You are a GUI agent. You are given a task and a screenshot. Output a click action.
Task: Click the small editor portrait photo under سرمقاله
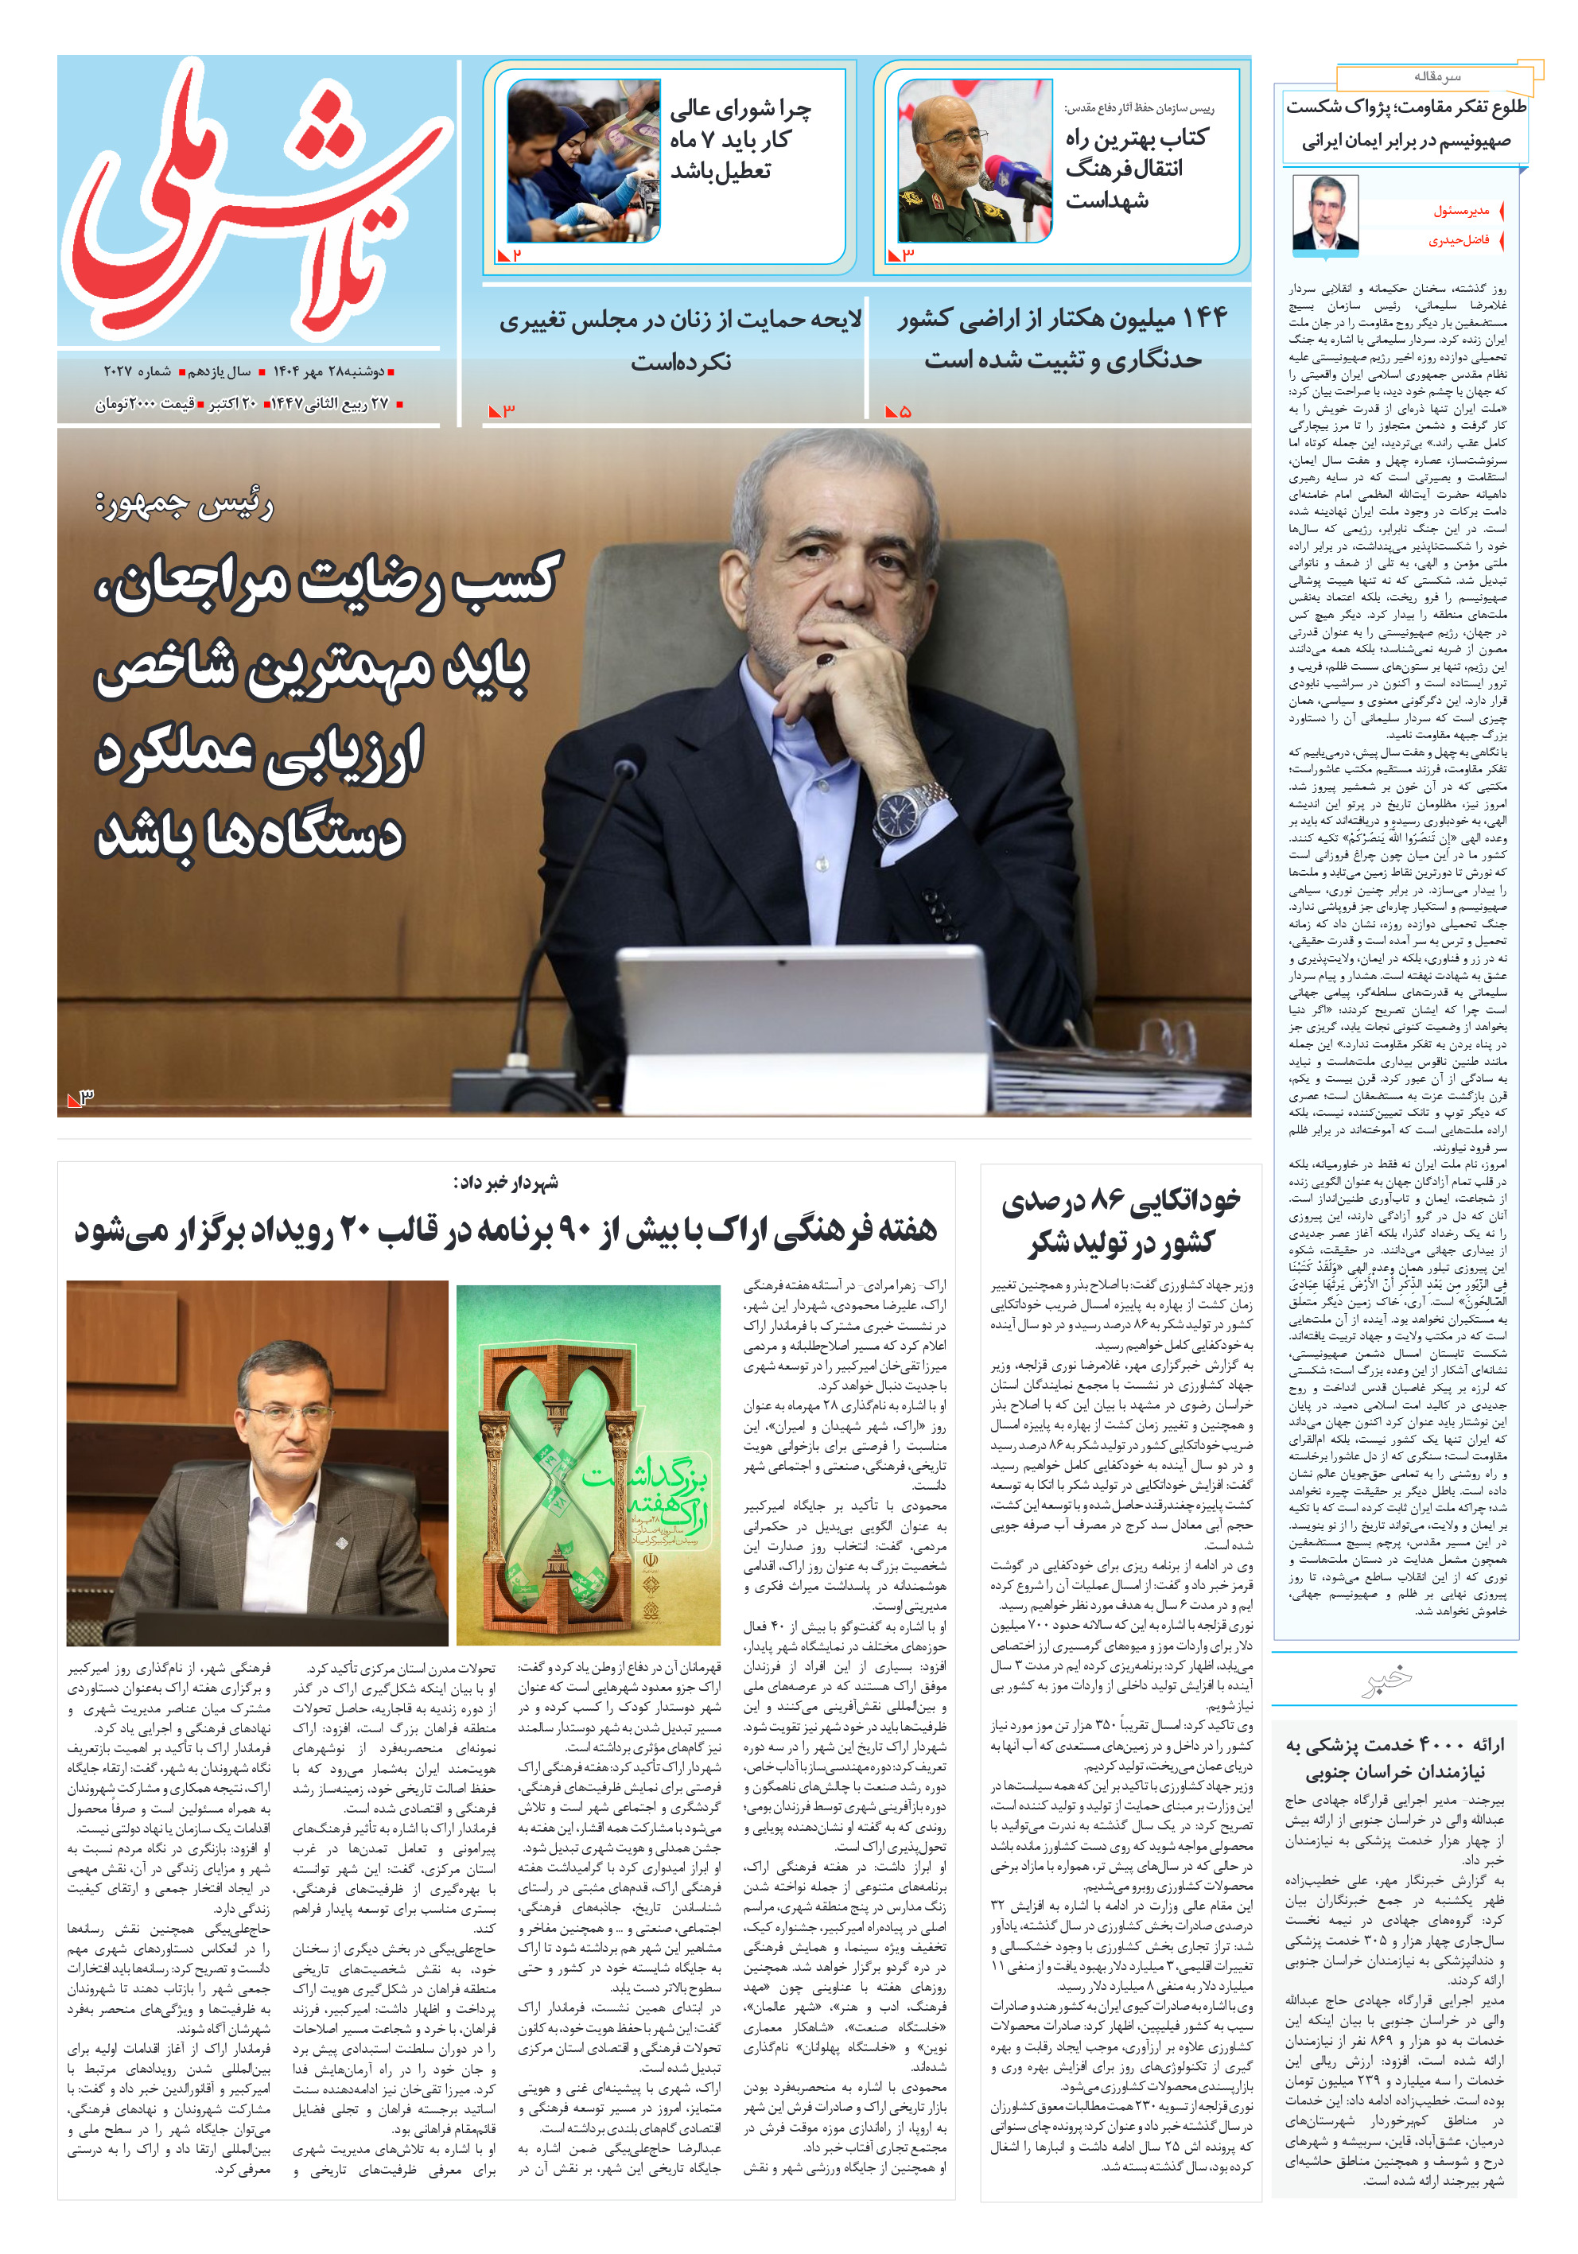pyautogui.click(x=1324, y=212)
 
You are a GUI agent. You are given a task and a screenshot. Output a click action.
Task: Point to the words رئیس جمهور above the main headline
pyautogui.click(x=185, y=506)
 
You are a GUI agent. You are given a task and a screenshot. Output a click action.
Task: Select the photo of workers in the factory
pyautogui.click(x=583, y=160)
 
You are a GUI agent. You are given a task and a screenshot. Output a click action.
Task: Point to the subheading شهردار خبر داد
pyautogui.click(x=506, y=1182)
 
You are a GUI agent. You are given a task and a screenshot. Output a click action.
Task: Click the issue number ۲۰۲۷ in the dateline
pyautogui.click(x=121, y=372)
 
